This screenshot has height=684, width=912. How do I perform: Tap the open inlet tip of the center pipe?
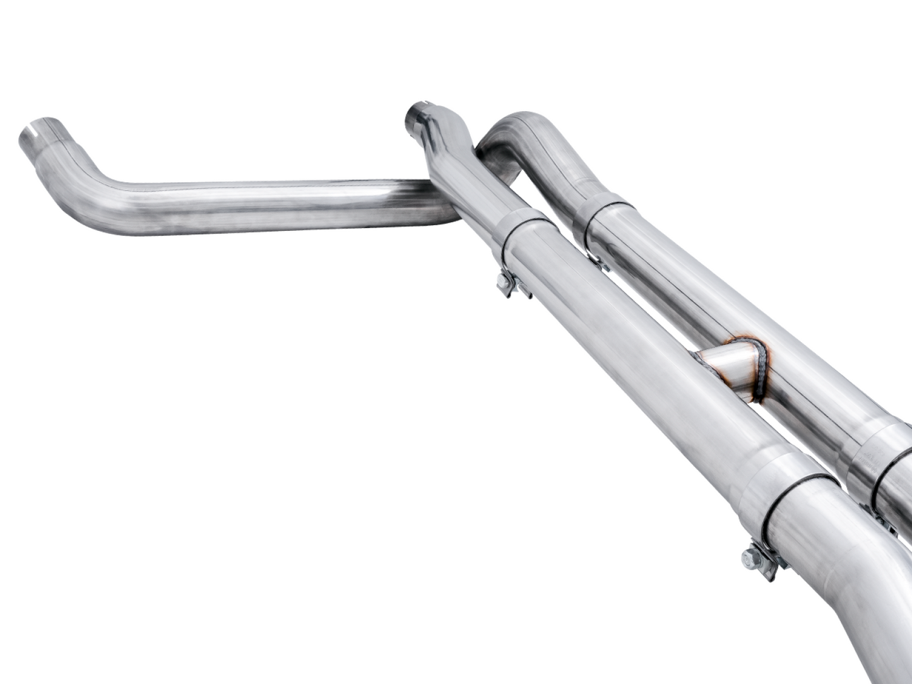point(417,113)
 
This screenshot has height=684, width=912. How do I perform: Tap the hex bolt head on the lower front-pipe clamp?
point(750,558)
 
